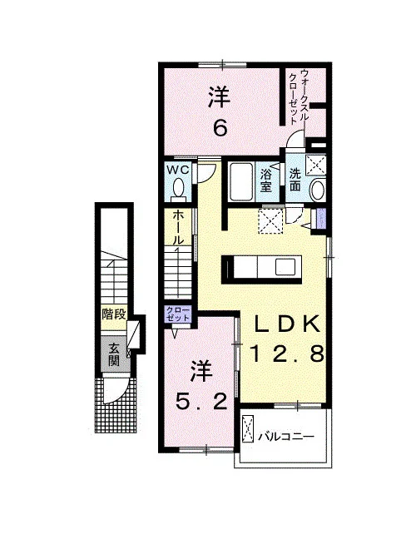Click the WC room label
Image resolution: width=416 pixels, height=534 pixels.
coord(177,171)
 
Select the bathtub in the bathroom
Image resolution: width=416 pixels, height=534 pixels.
coord(241,182)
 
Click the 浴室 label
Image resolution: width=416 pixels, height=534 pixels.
coord(266,181)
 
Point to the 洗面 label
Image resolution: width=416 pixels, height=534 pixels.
coord(295,180)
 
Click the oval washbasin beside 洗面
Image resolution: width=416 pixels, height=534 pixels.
coord(318,190)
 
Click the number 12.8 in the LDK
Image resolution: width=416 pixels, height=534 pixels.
coord(287,354)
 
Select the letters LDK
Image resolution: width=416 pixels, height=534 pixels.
coord(288,324)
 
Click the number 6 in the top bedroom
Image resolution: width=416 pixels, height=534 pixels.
coord(220,128)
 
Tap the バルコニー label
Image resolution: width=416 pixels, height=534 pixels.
coord(285,437)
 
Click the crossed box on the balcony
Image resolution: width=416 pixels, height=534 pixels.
coord(248,428)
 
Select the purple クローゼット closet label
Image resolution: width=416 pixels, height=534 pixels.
coord(177,314)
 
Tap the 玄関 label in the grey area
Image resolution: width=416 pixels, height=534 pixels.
coord(115,355)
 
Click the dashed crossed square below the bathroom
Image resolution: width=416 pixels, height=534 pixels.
coord(271,221)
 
